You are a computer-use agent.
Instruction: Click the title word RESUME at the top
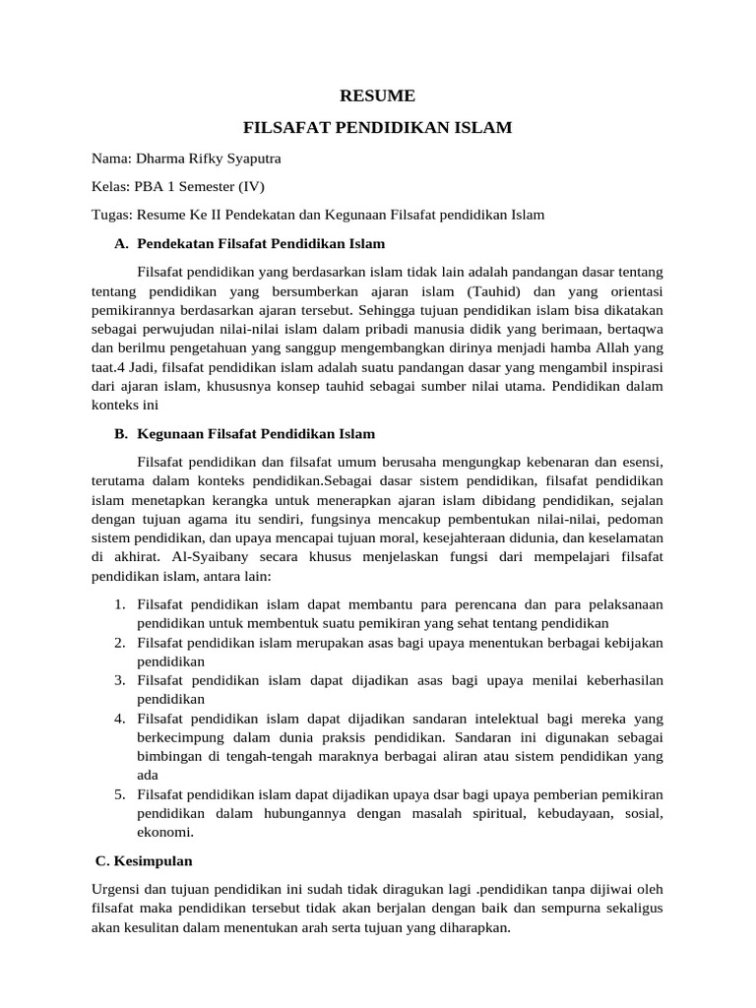pyautogui.click(x=377, y=96)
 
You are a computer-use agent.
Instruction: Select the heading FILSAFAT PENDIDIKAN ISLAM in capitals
pyautogui.click(x=377, y=128)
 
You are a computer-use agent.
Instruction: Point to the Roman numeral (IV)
pyautogui.click(x=247, y=186)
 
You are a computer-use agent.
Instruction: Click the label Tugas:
pyautogui.click(x=112, y=215)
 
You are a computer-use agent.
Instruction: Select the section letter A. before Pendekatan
pyautogui.click(x=121, y=243)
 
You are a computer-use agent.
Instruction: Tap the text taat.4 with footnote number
pyautogui.click(x=106, y=366)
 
